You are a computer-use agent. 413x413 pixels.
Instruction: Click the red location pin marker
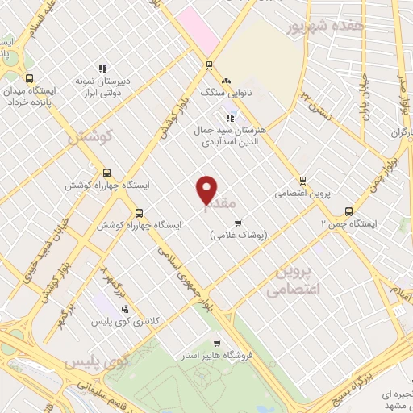(x=207, y=189)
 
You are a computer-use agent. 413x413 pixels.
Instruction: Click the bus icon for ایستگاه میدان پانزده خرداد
(x=30, y=78)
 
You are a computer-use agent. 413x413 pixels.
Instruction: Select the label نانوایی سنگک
(x=251, y=93)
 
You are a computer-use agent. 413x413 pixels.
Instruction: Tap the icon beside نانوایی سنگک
(x=227, y=80)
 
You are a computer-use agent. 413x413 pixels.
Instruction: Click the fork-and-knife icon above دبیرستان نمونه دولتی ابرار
(x=102, y=69)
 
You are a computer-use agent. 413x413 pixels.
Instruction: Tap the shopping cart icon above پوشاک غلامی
(x=237, y=223)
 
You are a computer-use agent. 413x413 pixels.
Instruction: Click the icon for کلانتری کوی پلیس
(x=124, y=308)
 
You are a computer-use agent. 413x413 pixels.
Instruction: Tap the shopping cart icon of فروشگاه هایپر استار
(x=214, y=342)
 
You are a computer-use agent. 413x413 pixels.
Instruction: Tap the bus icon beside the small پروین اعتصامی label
(x=302, y=181)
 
